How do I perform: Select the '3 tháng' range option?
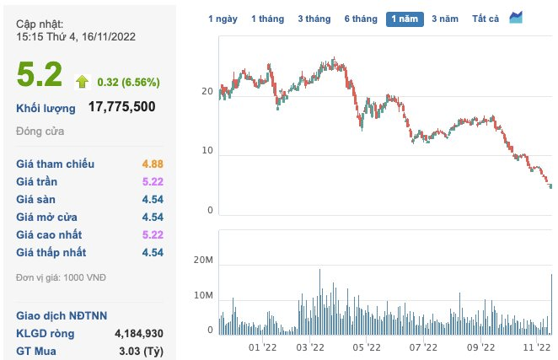[x=314, y=19]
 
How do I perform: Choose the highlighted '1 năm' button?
[x=405, y=19]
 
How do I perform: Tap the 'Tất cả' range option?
[x=486, y=19]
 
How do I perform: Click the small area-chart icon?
[x=516, y=18]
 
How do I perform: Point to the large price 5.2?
[x=40, y=75]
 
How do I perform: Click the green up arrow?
[x=82, y=81]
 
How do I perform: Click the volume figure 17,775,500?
[x=121, y=107]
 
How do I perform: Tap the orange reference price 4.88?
[x=152, y=164]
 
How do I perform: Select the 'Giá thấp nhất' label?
[x=51, y=252]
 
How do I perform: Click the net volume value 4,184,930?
[x=138, y=333]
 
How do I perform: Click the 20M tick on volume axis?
[x=204, y=266]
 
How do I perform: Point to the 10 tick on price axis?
[x=207, y=153]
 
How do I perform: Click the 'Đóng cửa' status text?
[x=40, y=131]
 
